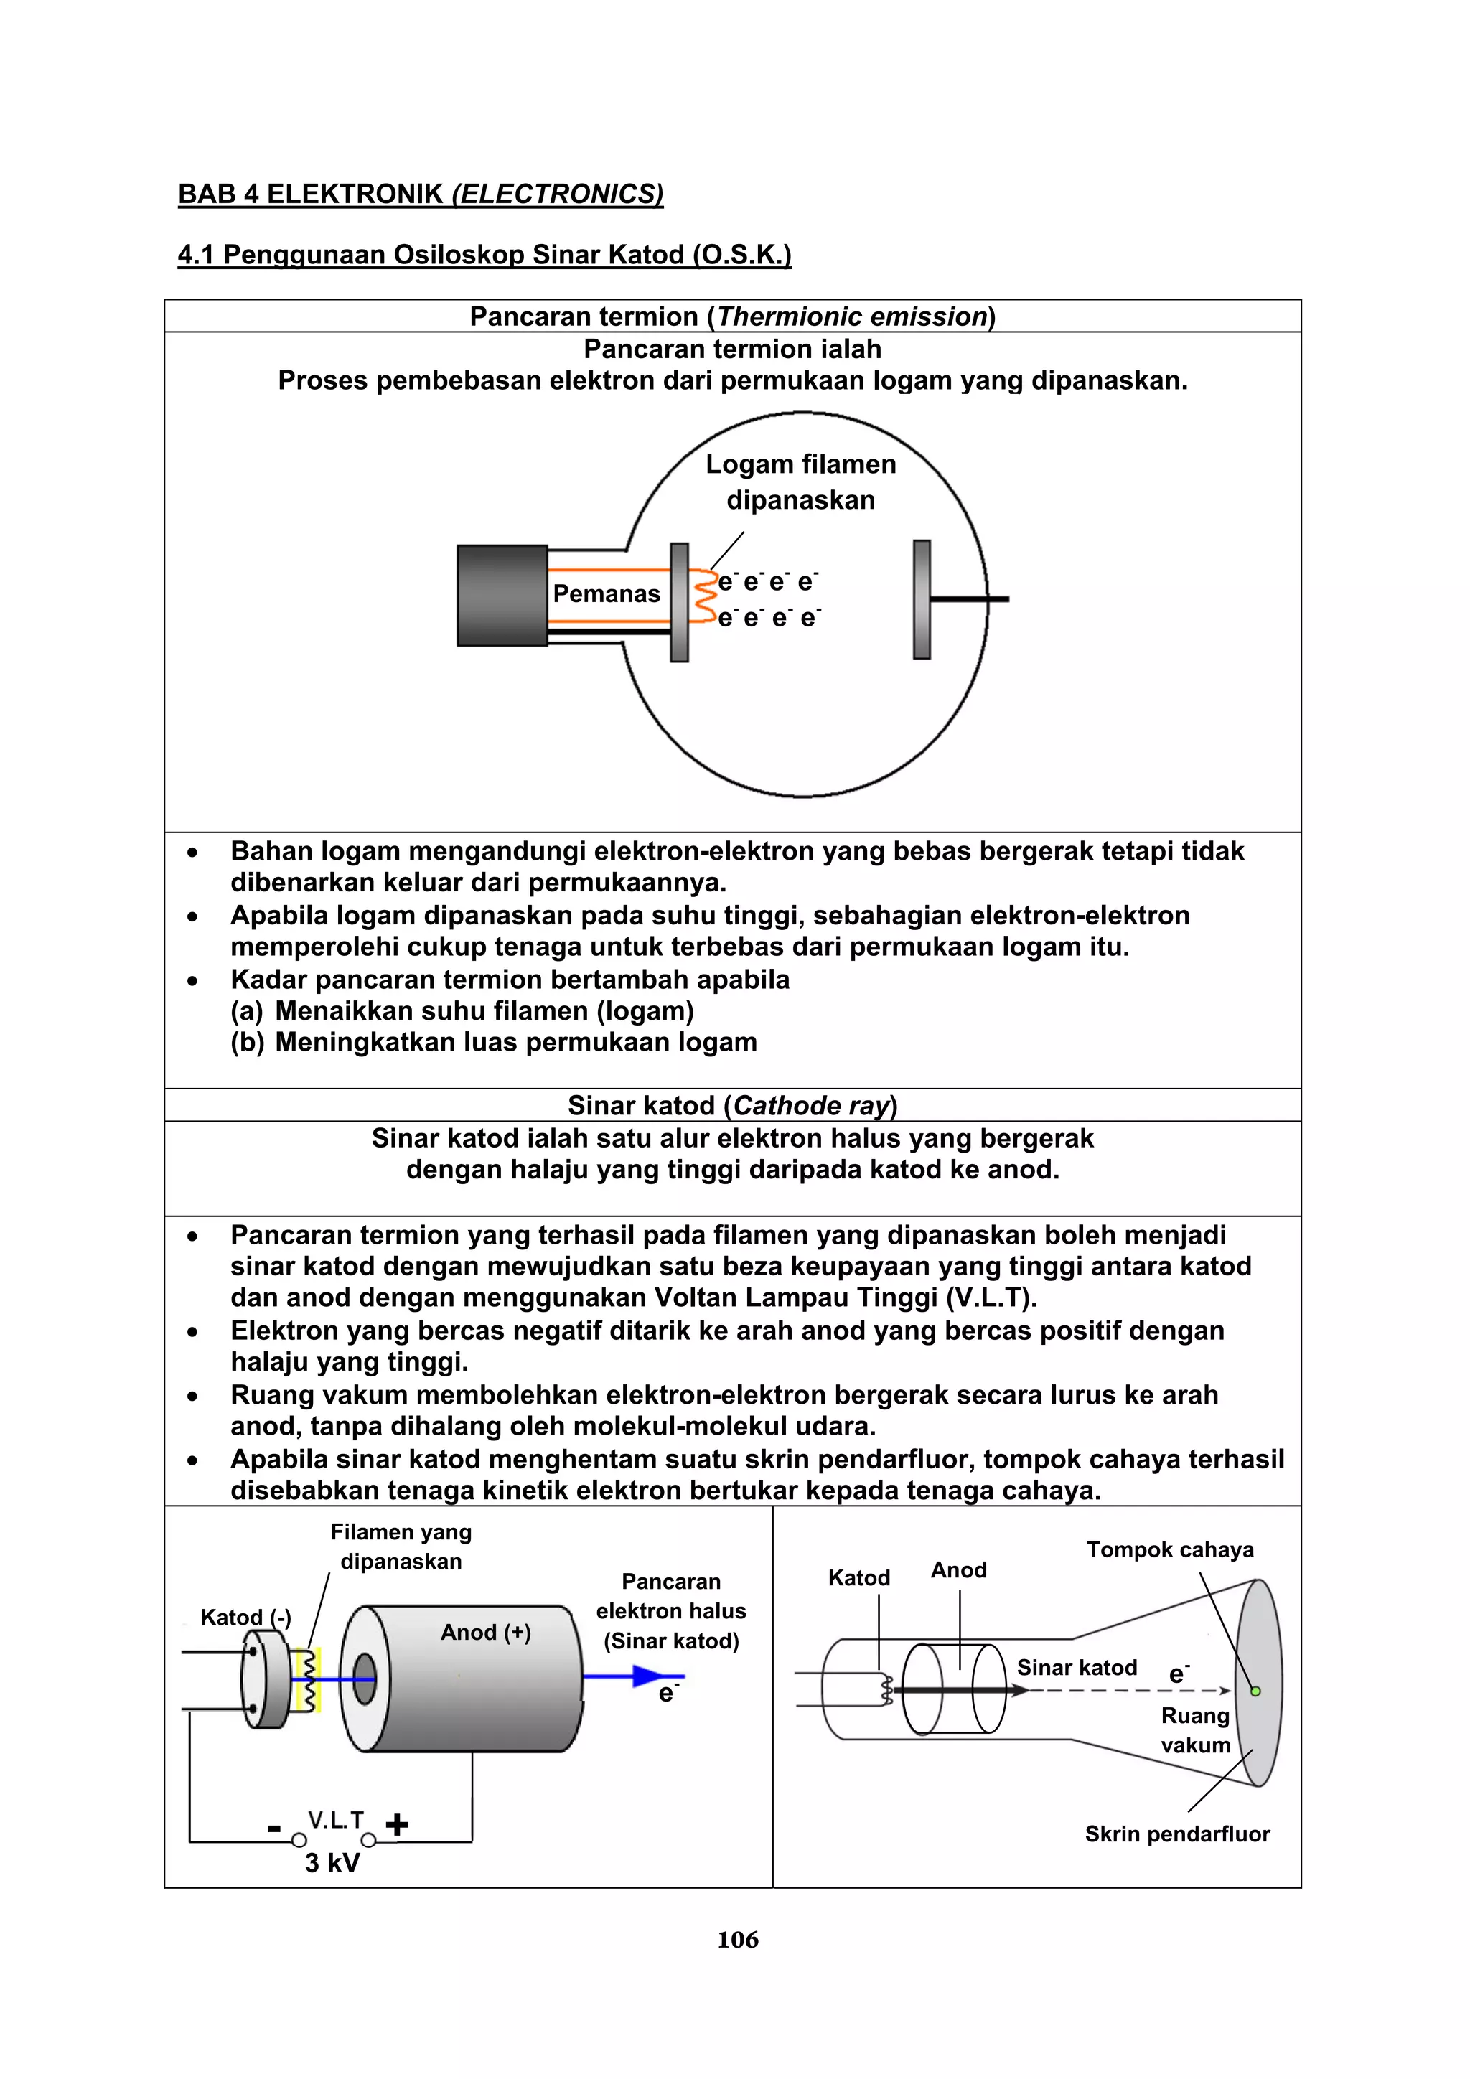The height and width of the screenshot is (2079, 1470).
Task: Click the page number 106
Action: [737, 1938]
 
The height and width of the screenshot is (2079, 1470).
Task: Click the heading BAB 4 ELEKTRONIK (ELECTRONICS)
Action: [421, 194]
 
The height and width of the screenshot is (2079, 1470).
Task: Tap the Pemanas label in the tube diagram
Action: [606, 594]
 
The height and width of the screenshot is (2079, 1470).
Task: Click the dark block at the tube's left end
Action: [502, 595]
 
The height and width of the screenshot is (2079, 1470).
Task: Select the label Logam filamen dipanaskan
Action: [800, 482]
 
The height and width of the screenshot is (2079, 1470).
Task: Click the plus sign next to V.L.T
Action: [397, 1824]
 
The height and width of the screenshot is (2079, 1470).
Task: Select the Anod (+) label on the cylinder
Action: [485, 1632]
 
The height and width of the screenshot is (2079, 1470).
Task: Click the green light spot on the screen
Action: [1255, 1691]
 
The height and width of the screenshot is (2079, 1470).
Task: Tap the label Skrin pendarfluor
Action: [1176, 1834]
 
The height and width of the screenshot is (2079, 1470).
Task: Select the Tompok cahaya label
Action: [1169, 1549]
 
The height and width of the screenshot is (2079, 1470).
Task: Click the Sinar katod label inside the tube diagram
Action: [1076, 1667]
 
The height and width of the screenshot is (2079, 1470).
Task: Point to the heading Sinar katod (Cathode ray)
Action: [732, 1106]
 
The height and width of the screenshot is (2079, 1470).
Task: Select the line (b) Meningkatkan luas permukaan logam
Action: [494, 1042]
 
